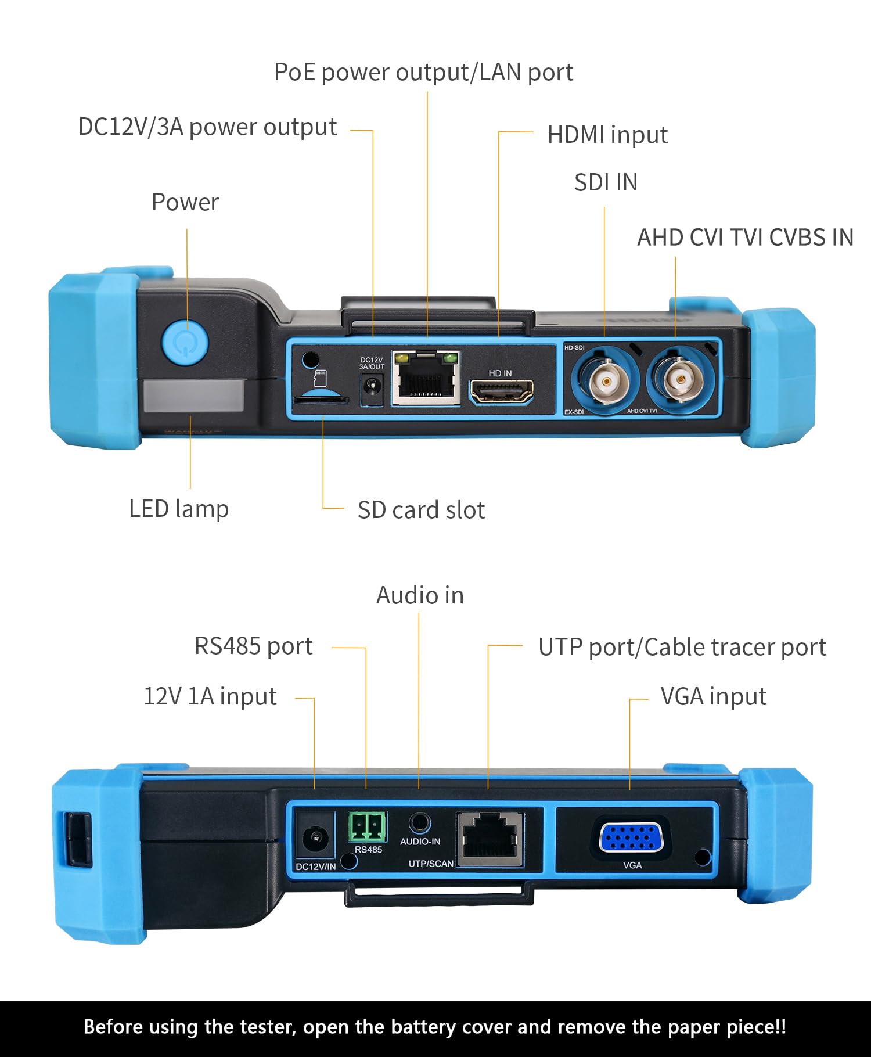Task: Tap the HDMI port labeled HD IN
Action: tap(501, 392)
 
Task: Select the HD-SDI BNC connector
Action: tap(606, 382)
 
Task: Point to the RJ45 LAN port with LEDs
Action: tap(426, 379)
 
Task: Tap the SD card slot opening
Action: tap(321, 400)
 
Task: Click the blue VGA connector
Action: tap(631, 838)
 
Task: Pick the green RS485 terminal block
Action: tap(368, 827)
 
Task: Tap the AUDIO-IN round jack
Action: tap(419, 824)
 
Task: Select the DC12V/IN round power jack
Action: tap(316, 838)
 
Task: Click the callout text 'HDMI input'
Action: tap(607, 135)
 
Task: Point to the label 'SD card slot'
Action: tap(421, 510)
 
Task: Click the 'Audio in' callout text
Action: tap(420, 595)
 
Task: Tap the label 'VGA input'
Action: tap(713, 696)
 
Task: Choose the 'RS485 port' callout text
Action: tap(253, 646)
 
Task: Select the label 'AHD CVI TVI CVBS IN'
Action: tap(745, 238)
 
